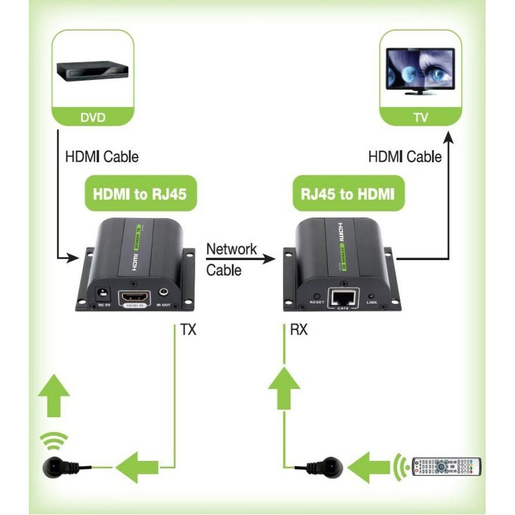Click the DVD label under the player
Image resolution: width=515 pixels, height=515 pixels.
click(93, 117)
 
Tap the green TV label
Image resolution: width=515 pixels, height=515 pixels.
click(421, 117)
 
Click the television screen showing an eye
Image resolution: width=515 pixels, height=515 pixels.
click(421, 69)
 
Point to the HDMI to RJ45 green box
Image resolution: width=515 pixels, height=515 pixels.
click(140, 194)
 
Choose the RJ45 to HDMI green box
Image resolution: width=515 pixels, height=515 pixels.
click(348, 194)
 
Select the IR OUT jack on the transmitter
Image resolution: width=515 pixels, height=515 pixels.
click(164, 293)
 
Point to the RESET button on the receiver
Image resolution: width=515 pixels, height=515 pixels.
click(317, 297)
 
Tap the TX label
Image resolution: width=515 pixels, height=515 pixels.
click(188, 330)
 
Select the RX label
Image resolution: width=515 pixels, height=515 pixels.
click(299, 330)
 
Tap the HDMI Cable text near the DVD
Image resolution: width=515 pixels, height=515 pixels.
click(102, 157)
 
